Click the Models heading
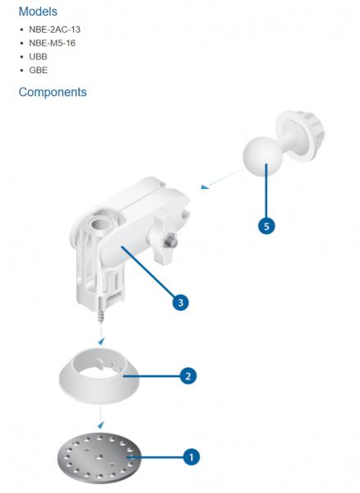38,12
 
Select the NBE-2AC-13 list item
55,30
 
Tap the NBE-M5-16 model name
53,43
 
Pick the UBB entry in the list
38,57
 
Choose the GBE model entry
39,70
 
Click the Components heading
53,92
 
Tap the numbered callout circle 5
266,226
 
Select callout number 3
181,302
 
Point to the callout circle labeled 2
188,376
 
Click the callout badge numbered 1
192,457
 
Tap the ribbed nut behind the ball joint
301,136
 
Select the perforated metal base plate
99,457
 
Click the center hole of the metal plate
99,455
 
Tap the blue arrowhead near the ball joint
205,187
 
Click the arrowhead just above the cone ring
101,341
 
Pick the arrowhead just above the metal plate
100,425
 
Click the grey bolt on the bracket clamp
171,241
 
